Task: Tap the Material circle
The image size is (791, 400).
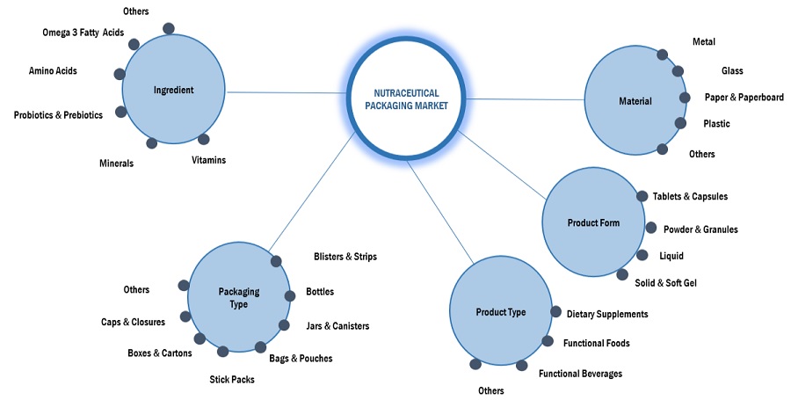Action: coord(635,101)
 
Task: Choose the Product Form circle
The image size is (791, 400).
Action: coord(593,222)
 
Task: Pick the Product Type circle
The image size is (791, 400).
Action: coord(500,312)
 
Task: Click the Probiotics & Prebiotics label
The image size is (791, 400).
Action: coord(58,115)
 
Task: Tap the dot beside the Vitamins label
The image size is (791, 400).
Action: coord(204,139)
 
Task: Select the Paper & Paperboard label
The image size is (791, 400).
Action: coord(744,98)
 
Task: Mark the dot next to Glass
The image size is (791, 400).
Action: coord(678,71)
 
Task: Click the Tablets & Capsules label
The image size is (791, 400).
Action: coord(690,197)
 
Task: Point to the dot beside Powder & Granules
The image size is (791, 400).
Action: coord(651,228)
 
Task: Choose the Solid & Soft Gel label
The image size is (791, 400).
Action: coord(666,282)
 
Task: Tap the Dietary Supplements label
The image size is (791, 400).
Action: coord(607,314)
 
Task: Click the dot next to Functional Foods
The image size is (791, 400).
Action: coord(547,341)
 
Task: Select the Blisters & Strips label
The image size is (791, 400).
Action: coord(345,257)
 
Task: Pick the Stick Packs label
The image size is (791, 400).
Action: coord(231,380)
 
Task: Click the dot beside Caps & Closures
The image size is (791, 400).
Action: coord(185,316)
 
